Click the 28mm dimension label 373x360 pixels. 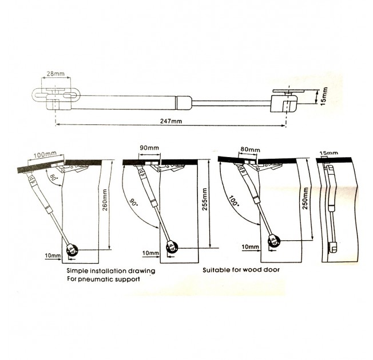point(55,73)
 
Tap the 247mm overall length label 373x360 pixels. point(171,121)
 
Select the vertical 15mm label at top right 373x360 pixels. point(324,96)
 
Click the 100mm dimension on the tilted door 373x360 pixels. point(45,154)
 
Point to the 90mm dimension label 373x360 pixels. point(149,147)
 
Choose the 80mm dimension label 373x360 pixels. point(250,150)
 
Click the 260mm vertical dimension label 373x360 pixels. point(105,200)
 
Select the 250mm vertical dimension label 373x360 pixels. point(305,198)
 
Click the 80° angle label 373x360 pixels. point(53,179)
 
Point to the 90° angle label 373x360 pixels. point(134,203)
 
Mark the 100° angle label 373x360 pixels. point(233,201)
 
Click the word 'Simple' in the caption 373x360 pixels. point(76,271)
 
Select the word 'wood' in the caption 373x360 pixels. point(252,270)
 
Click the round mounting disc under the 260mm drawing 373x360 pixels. point(72,251)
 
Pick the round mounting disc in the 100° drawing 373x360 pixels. point(274,241)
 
